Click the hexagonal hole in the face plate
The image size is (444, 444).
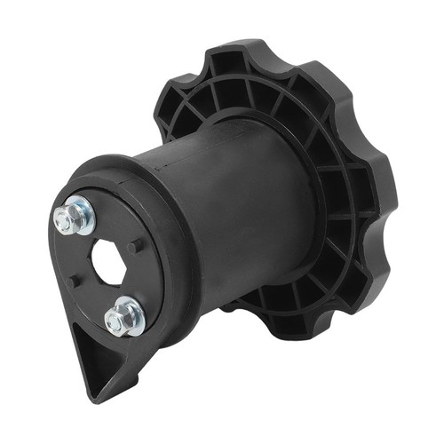tap(111, 262)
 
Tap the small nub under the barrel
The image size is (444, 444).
tap(229, 306)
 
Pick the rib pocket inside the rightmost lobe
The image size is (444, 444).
tap(360, 191)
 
